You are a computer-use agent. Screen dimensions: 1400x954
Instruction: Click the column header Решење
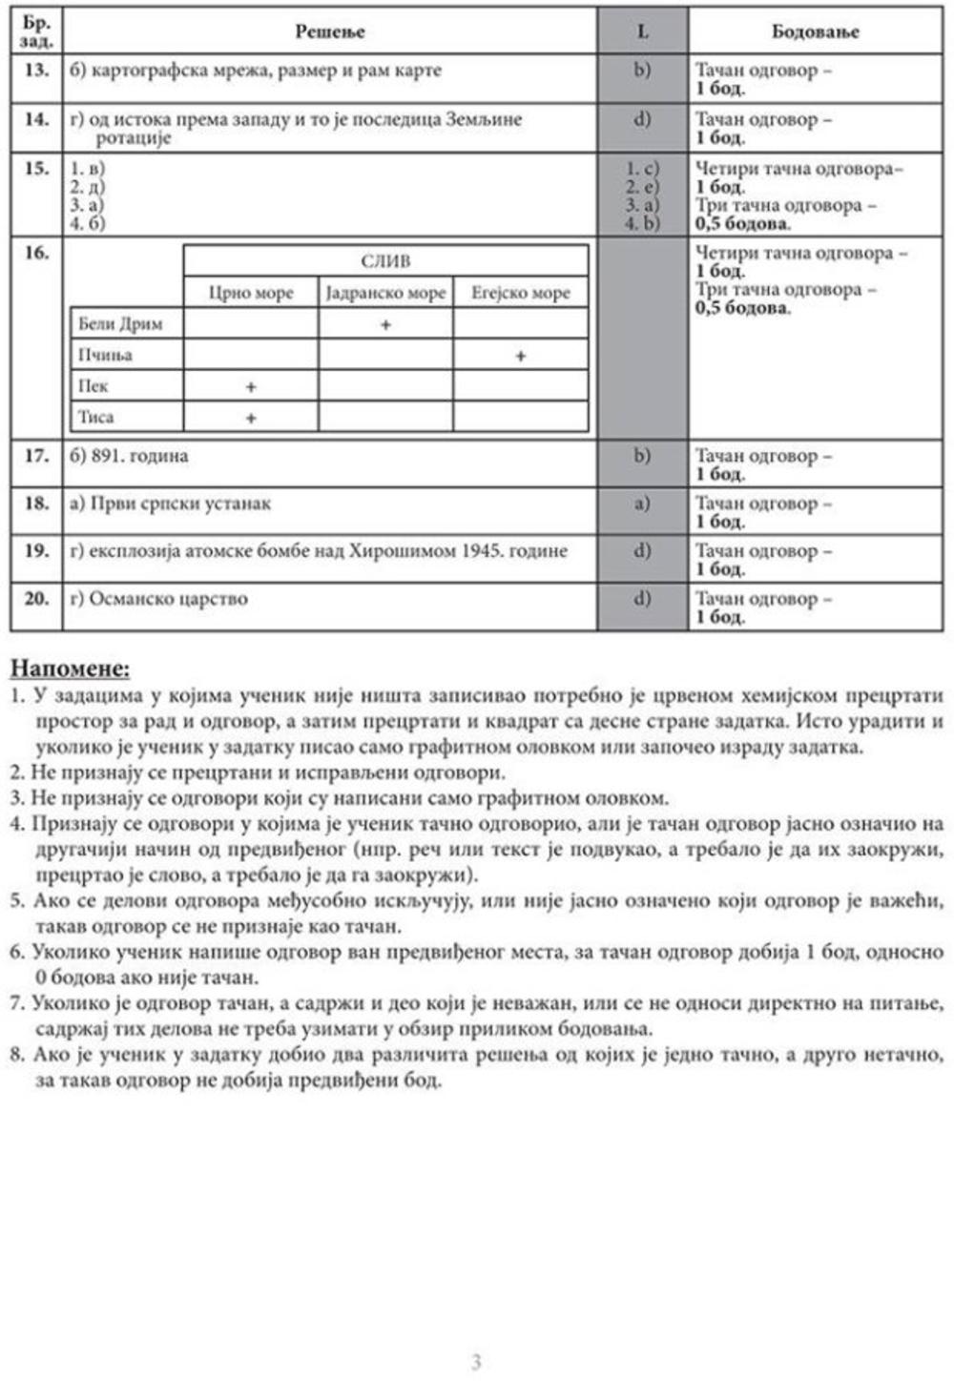[x=329, y=31]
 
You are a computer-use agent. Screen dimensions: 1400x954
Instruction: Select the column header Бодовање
[x=815, y=31]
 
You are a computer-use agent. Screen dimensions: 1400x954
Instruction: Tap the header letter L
[x=642, y=31]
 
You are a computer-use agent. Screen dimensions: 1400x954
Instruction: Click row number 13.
[x=36, y=71]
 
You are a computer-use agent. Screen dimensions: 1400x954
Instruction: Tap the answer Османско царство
[x=168, y=599]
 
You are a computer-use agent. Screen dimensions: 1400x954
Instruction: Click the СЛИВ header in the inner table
[x=385, y=261]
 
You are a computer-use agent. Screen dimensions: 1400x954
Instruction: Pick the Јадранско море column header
[x=385, y=293]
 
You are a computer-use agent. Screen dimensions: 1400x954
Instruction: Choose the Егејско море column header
[x=520, y=293]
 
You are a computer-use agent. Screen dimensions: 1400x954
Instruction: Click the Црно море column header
[x=251, y=293]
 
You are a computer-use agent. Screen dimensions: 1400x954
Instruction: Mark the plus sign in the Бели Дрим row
[x=385, y=325]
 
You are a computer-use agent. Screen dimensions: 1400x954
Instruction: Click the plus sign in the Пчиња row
[x=520, y=356]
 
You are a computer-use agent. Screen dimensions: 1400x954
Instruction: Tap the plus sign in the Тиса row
[x=251, y=418]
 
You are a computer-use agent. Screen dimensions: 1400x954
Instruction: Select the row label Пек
[x=93, y=386]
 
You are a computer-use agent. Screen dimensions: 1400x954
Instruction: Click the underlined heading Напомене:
[x=71, y=669]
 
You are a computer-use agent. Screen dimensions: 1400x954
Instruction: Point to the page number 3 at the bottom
[x=476, y=1362]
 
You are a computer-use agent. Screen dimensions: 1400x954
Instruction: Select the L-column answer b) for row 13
[x=642, y=71]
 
